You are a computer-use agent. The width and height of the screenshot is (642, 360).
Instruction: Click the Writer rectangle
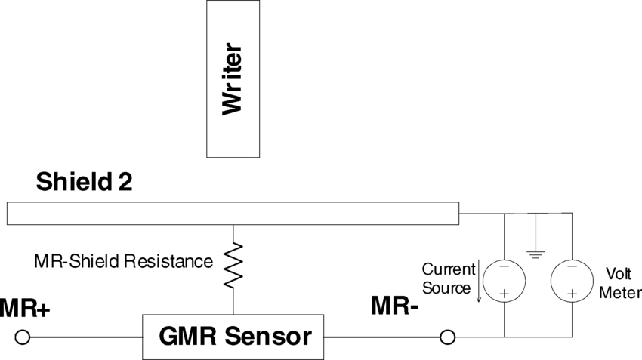tap(234, 79)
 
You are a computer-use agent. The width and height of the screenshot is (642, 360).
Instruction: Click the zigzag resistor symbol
tap(233, 265)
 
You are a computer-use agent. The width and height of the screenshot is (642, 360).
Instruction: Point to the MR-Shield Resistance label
tap(123, 262)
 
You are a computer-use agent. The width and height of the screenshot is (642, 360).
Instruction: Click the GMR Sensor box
tap(233, 337)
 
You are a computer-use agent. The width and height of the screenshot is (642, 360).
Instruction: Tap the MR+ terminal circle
tap(23, 337)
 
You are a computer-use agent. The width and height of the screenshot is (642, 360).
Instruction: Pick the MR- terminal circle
tap(447, 337)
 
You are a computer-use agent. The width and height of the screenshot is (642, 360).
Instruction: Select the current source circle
tap(503, 279)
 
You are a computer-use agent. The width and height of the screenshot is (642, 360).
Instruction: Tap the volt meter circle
tap(572, 279)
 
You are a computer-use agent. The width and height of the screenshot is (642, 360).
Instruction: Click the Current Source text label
tap(449, 278)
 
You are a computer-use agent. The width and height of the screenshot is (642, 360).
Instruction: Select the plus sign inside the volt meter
tap(572, 292)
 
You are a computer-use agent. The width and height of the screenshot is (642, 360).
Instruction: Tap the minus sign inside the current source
tap(503, 266)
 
